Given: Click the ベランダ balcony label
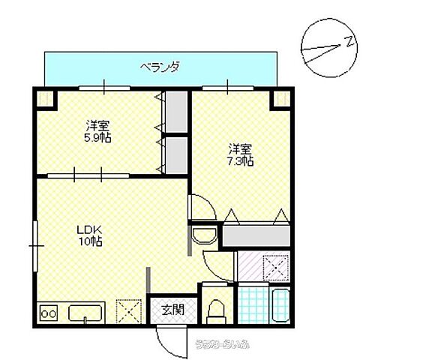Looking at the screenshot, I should [x=159, y=67].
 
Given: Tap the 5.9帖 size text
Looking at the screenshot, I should [x=98, y=138].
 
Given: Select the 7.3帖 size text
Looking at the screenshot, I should [x=240, y=160].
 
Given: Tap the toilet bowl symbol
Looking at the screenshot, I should [x=217, y=309].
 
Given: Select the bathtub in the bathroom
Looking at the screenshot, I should [x=279, y=307].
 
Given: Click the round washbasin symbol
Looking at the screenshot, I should [x=203, y=236].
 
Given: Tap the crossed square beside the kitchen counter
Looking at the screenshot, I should [x=129, y=309].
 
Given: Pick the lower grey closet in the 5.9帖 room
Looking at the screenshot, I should [x=175, y=154].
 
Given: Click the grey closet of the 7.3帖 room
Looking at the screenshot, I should [x=256, y=235].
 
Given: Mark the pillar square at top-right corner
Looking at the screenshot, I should [x=282, y=97].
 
